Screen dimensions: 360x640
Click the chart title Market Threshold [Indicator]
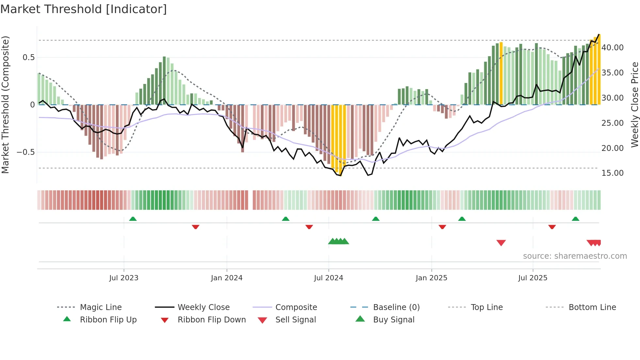(x=84, y=9)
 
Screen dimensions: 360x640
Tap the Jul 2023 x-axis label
(x=124, y=278)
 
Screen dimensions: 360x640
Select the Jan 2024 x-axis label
(x=227, y=278)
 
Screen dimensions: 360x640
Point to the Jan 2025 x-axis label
(x=431, y=278)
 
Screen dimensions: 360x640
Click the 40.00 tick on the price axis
(x=612, y=48)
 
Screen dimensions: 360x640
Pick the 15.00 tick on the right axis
(x=612, y=173)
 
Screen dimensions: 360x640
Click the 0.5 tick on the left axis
(x=28, y=57)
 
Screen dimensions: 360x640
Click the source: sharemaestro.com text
(x=575, y=256)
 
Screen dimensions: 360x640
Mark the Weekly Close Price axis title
(x=634, y=105)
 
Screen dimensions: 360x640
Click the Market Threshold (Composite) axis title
(x=5, y=105)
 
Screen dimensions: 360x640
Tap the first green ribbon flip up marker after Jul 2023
(x=133, y=219)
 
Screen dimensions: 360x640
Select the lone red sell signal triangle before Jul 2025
(x=501, y=243)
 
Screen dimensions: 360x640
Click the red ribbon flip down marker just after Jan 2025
(x=442, y=227)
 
